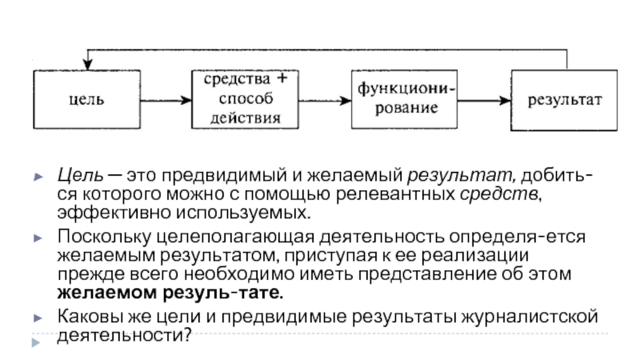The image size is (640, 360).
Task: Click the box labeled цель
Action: coord(87,99)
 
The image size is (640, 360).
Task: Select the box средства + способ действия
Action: coord(245,99)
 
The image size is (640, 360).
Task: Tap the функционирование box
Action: coord(404,99)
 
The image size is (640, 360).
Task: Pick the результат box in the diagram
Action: coord(564,101)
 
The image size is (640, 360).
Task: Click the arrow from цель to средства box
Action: coord(166,100)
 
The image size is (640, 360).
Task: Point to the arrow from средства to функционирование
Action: coord(325,100)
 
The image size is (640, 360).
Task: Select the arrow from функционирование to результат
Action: coord(484,100)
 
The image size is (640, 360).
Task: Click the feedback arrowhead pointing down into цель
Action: coord(87,64)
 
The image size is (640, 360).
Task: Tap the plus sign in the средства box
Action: coord(282,78)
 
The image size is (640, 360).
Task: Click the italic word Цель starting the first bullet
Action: coord(80,176)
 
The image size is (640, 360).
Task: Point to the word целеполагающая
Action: coord(235,238)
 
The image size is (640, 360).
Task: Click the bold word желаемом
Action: coord(107,293)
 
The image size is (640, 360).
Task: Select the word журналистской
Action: coord(530,317)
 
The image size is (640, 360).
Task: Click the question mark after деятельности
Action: coord(187,335)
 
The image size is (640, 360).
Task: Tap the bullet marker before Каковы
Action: coord(38,318)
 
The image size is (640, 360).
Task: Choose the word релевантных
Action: coord(395,194)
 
